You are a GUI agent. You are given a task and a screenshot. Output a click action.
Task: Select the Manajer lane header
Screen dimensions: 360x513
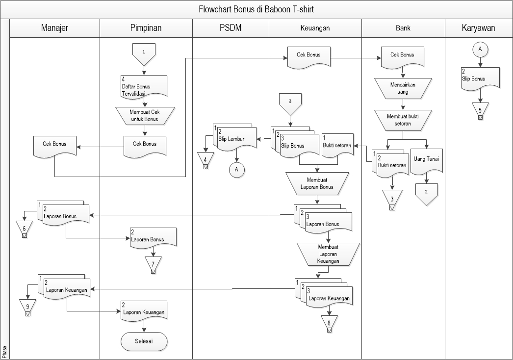(54, 28)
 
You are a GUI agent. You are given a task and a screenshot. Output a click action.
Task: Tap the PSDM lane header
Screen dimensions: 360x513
(230, 28)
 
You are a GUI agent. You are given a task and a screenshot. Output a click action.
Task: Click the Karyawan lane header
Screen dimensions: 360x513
(478, 28)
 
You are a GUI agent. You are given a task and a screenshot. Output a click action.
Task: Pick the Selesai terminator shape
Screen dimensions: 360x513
(144, 341)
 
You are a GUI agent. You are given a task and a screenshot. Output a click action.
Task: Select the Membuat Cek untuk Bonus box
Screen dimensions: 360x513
(144, 115)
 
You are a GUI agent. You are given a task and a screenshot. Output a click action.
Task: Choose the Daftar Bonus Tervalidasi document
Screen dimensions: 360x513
(144, 85)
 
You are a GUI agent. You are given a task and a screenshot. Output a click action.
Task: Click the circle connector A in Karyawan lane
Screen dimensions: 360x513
(480, 50)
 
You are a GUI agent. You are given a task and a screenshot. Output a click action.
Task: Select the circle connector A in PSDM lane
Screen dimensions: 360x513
(237, 169)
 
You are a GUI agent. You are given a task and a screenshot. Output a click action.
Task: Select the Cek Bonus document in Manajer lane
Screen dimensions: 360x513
(54, 146)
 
